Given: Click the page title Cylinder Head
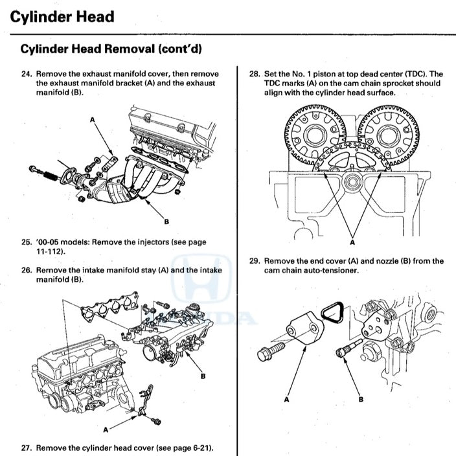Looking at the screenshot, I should click(62, 16).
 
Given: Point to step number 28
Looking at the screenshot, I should click(255, 74).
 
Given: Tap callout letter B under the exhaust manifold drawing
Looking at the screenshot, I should click(166, 222).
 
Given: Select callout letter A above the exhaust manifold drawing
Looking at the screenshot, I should click(92, 120).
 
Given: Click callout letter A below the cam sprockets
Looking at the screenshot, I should click(352, 242).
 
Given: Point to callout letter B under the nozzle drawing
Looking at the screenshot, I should click(361, 400).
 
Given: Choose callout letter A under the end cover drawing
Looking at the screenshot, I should click(286, 400).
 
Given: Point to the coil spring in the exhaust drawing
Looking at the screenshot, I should click(49, 173).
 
